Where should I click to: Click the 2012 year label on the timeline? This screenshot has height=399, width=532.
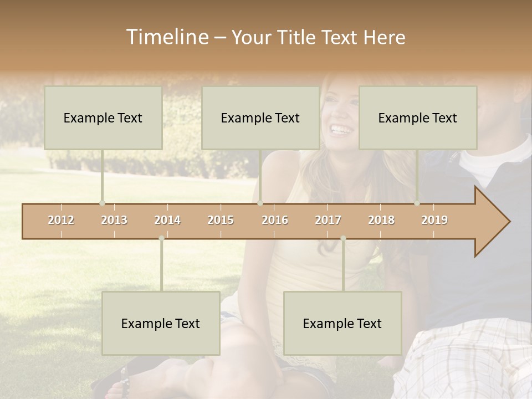coord(61,220)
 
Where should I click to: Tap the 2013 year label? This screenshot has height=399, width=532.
coord(114,220)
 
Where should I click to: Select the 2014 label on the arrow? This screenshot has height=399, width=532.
coord(167,220)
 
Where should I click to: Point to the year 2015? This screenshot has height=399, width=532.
coord(221,220)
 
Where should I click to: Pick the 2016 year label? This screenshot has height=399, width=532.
coord(275,220)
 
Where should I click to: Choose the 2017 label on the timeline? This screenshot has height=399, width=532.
coord(328,220)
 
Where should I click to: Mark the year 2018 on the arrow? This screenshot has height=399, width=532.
coord(381,220)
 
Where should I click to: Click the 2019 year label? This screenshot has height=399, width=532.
coord(434,220)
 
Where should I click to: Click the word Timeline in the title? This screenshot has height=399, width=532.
coord(166,37)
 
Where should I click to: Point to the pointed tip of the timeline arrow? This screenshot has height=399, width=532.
coord(509,222)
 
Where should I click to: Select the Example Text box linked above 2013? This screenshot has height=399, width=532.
coord(103,117)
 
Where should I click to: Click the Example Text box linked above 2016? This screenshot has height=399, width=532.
coord(260,117)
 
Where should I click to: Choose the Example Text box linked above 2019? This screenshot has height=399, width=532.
coord(418,117)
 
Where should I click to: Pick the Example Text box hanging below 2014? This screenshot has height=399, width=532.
coord(161,323)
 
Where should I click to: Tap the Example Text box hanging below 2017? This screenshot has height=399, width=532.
coord(342,323)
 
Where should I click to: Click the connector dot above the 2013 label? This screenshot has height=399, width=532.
coord(102,203)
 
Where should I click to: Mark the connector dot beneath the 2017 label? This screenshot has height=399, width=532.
coord(343,238)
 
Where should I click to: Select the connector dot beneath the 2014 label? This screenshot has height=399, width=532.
coord(161,238)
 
